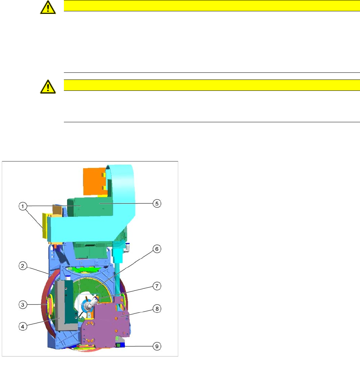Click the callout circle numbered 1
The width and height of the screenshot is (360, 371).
point(23,206)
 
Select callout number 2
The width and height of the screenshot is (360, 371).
point(23,266)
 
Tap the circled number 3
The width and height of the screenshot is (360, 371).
point(23,305)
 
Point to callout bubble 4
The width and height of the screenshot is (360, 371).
point(23,327)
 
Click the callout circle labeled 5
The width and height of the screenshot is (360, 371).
point(157,204)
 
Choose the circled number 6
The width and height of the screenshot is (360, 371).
point(157,249)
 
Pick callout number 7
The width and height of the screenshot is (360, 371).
point(157,286)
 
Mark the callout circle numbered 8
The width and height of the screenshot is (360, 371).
point(157,309)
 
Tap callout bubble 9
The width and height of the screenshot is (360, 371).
point(157,346)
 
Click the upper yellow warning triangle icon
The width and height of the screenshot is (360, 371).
point(48,7)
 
